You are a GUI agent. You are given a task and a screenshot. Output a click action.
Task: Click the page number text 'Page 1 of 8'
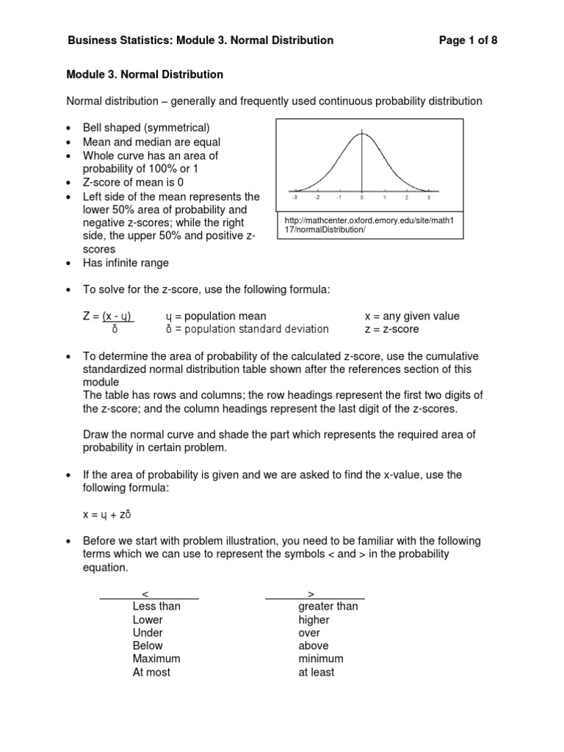coord(468,40)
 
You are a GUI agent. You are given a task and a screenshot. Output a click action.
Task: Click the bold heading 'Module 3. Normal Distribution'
coord(145,75)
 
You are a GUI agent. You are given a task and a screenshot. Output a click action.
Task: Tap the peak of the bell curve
coord(361,134)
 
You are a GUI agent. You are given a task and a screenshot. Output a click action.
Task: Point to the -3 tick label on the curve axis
coord(294,198)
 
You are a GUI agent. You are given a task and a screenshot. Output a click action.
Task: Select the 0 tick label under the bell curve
coord(361,198)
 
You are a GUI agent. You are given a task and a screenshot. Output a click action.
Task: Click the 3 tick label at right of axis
coord(428,198)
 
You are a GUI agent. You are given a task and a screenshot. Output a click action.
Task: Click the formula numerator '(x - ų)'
coord(117,317)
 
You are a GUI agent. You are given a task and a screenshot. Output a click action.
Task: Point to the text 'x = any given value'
coord(412,317)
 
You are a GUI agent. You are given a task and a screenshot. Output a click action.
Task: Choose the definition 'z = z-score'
coord(392,330)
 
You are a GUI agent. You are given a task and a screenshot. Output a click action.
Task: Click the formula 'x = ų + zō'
coord(106,515)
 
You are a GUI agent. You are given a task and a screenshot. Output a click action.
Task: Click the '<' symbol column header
coord(145,593)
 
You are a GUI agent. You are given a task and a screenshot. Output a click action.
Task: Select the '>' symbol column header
coord(311,593)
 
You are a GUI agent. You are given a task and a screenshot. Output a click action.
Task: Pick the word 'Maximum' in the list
coord(156,659)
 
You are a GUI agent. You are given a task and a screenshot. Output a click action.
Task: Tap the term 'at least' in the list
coord(317,672)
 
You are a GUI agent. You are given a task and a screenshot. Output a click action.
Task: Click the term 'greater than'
coord(328,606)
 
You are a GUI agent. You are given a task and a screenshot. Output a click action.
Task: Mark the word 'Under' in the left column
coord(148,632)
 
